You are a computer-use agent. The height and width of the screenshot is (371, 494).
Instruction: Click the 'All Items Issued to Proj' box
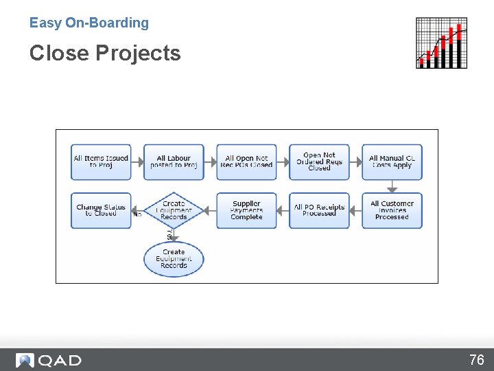click(x=101, y=162)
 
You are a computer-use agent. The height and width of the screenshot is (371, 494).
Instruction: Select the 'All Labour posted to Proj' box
click(x=174, y=162)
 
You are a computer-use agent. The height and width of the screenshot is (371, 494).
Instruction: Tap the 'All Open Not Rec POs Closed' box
click(x=246, y=162)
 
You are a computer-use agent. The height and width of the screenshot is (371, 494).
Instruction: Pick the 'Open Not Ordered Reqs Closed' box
click(x=319, y=162)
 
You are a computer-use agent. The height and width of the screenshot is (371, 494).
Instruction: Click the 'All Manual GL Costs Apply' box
click(x=392, y=162)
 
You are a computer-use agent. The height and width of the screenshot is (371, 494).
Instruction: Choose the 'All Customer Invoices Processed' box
click(x=392, y=210)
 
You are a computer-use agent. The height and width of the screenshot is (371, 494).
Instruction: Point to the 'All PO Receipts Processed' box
click(x=319, y=210)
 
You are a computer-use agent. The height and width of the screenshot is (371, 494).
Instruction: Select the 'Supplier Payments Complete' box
click(x=246, y=210)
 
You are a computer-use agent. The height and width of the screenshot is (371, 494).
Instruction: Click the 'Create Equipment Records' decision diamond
click(x=174, y=210)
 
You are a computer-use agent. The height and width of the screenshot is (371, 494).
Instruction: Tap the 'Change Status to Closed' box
click(x=101, y=210)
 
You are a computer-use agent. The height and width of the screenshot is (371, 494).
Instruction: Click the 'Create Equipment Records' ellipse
click(x=174, y=259)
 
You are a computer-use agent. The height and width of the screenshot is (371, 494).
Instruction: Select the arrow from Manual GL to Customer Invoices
click(x=392, y=186)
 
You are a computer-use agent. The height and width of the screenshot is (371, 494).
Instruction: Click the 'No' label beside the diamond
click(x=137, y=214)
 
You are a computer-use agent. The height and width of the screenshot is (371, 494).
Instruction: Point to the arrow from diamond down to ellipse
click(x=174, y=235)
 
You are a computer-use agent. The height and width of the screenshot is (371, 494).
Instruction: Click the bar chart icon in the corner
click(x=442, y=43)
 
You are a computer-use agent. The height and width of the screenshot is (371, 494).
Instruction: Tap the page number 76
click(x=476, y=360)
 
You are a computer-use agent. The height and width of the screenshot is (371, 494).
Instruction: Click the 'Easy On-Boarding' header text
click(x=89, y=23)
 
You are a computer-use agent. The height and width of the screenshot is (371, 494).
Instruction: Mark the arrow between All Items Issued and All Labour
click(x=137, y=162)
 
